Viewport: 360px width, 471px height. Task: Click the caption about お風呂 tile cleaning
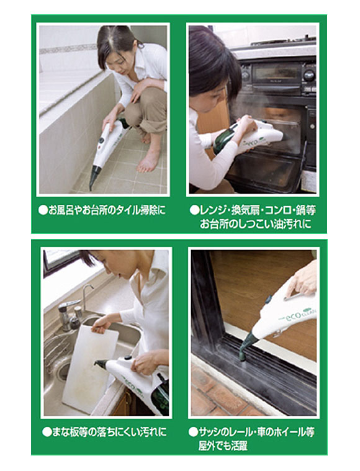103,211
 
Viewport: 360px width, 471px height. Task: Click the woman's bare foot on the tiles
148,163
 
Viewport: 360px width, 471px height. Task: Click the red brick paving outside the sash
217,397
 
